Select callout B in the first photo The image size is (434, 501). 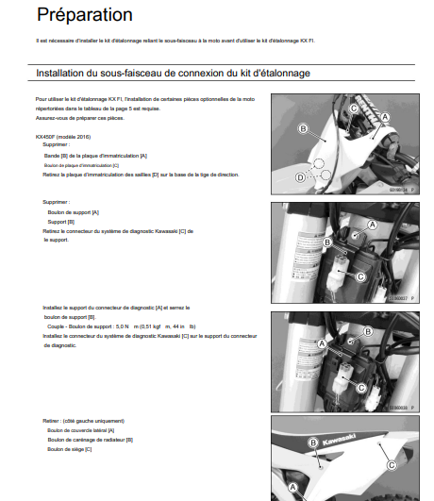pos(303,127)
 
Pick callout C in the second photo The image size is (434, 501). pos(360,276)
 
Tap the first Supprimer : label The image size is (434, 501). pos(57,144)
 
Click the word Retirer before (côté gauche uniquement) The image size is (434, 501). pos(52,420)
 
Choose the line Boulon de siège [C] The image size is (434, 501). pos(69,448)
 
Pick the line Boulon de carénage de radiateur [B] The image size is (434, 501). pos(90,439)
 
